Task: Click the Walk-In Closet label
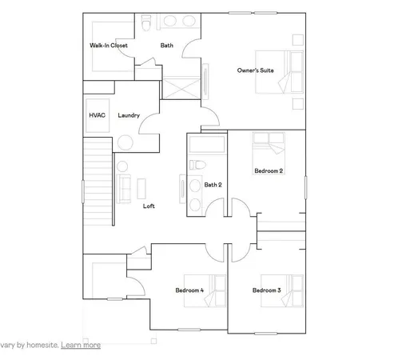[109, 46]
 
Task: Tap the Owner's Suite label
[256, 71]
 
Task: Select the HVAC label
[97, 116]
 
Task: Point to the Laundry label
[129, 116]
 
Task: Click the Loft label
[148, 206]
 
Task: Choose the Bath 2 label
[212, 186]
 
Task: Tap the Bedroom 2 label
[268, 171]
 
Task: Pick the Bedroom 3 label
[266, 290]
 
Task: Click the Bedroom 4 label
[189, 290]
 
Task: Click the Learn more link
[81, 345]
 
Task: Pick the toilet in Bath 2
[197, 166]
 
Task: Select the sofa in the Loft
[125, 187]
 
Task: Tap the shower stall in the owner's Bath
[182, 86]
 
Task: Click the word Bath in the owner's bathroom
[166, 46]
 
